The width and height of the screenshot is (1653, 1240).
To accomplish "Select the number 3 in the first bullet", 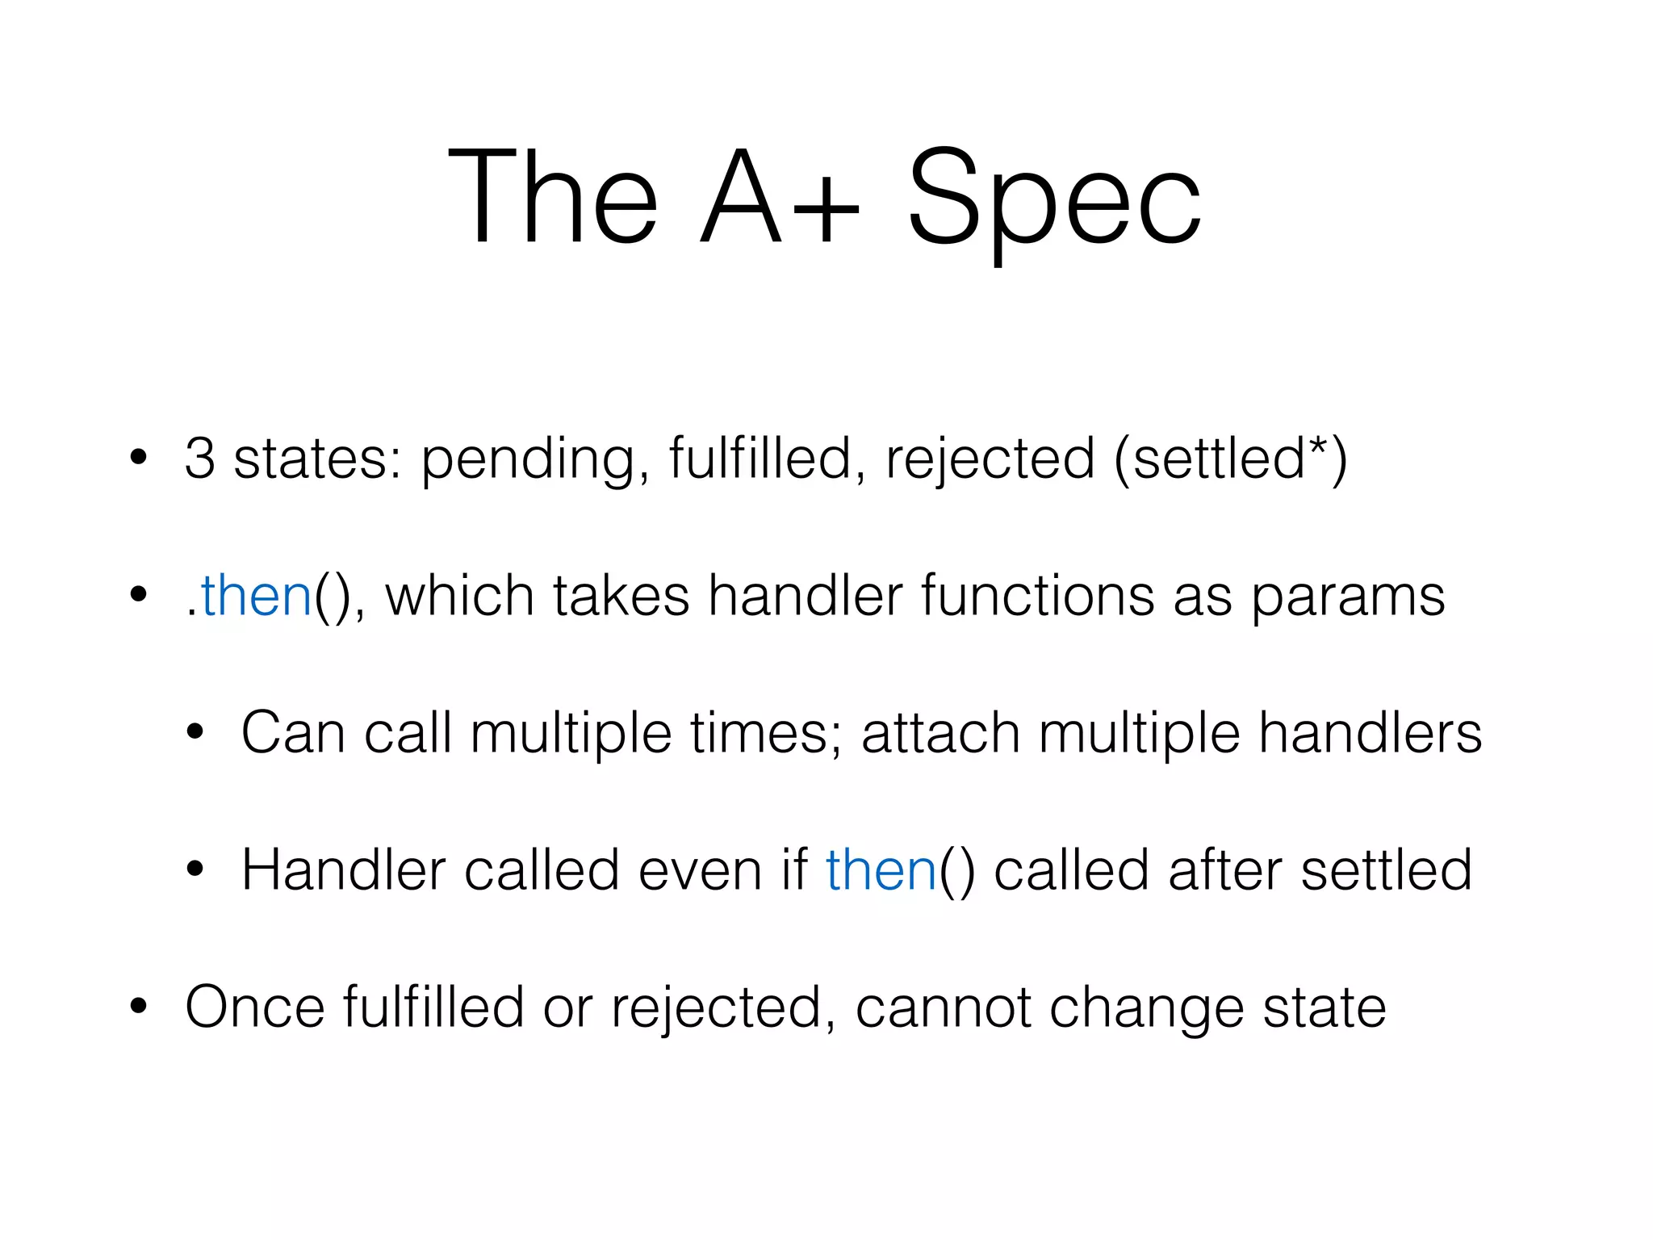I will click(200, 458).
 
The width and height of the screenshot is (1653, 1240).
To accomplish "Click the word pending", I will click(529, 460).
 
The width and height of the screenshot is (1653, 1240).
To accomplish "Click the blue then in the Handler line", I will click(881, 870).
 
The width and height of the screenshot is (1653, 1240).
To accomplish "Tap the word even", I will click(700, 870).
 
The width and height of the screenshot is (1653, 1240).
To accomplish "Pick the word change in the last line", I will click(1146, 1009).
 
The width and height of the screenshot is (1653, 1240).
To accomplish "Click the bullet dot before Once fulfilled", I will click(139, 1007).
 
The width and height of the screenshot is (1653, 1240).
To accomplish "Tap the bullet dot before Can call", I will click(195, 732).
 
